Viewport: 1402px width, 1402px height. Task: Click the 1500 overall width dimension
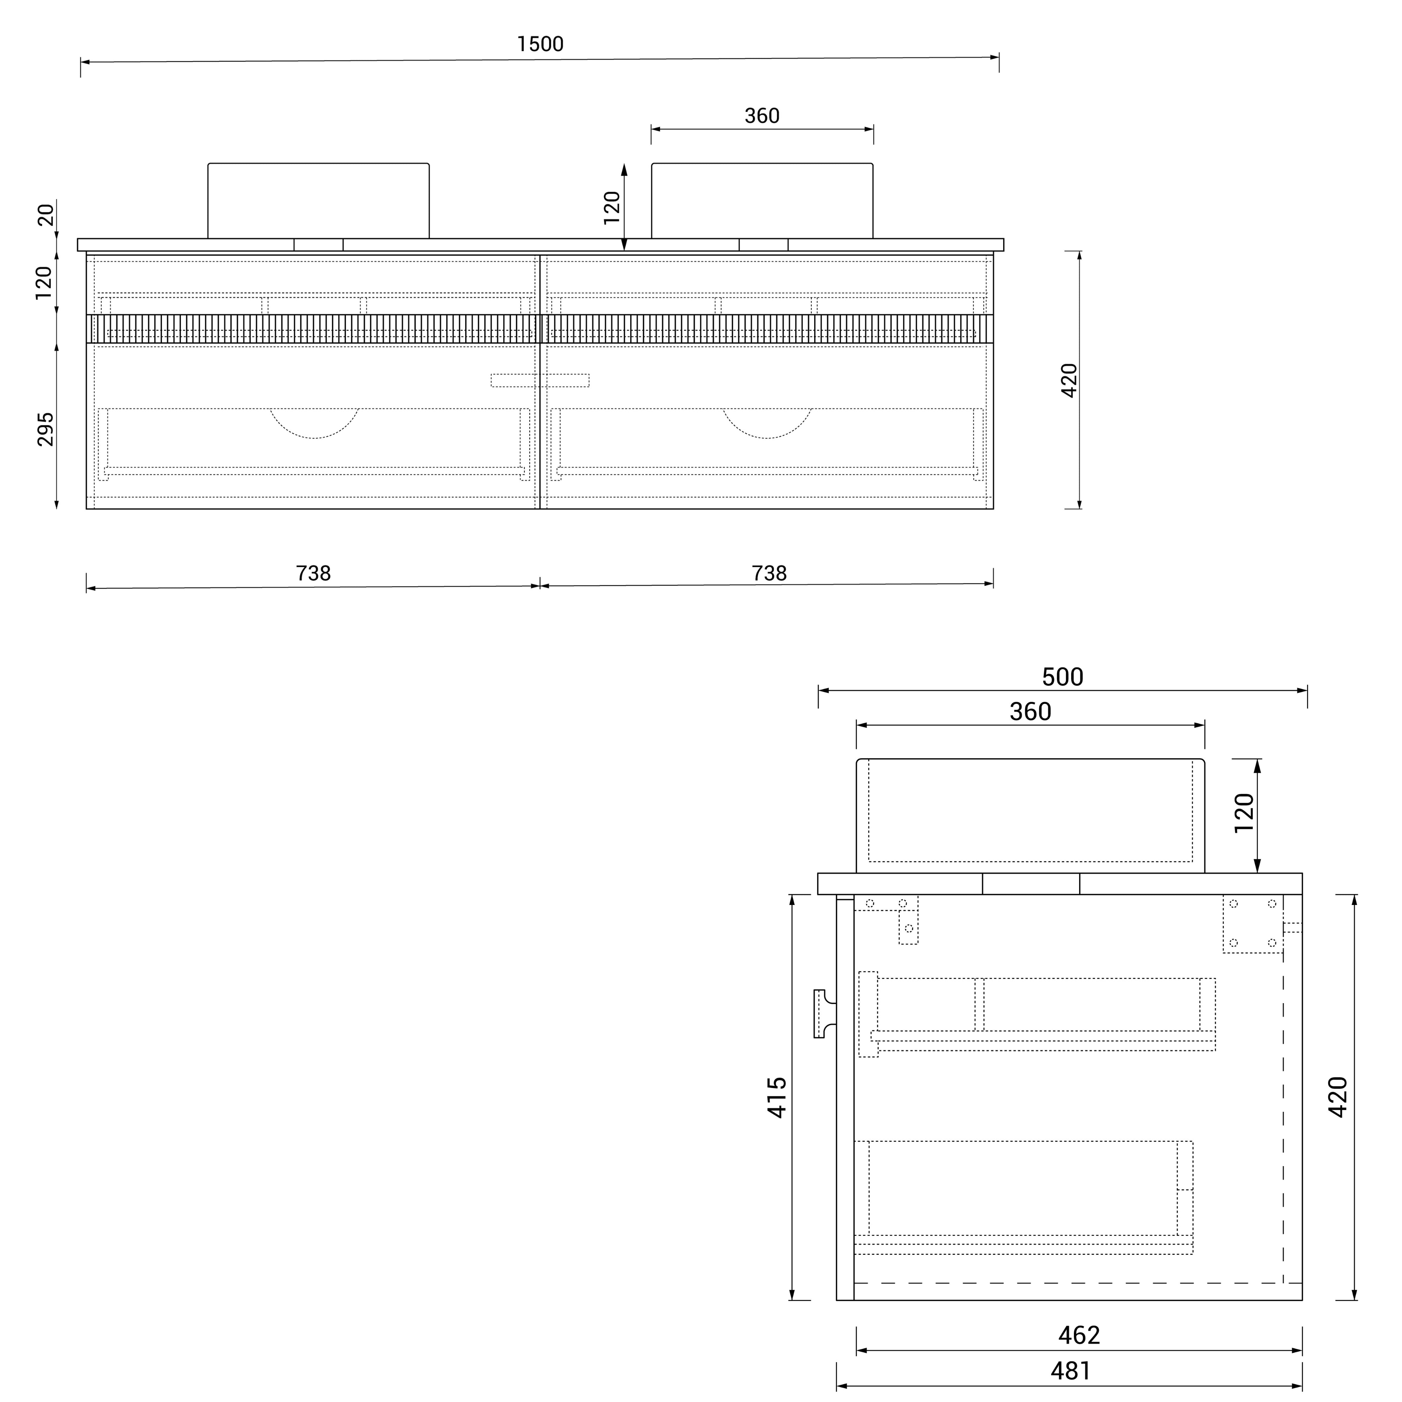pos(540,44)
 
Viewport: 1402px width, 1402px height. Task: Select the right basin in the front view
pos(762,201)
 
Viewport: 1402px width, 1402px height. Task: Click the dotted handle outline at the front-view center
pos(540,380)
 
